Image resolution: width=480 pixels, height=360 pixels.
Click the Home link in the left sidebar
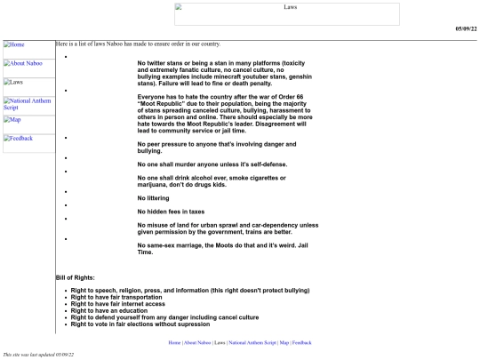(17, 44)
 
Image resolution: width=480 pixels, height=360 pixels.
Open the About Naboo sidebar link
(22, 63)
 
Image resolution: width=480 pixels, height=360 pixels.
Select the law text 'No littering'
(156, 196)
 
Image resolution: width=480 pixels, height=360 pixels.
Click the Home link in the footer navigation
(173, 342)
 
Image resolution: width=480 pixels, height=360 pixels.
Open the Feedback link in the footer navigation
(302, 342)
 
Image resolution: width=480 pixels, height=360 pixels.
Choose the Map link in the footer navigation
(284, 342)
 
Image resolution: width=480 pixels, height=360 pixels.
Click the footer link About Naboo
(197, 342)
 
